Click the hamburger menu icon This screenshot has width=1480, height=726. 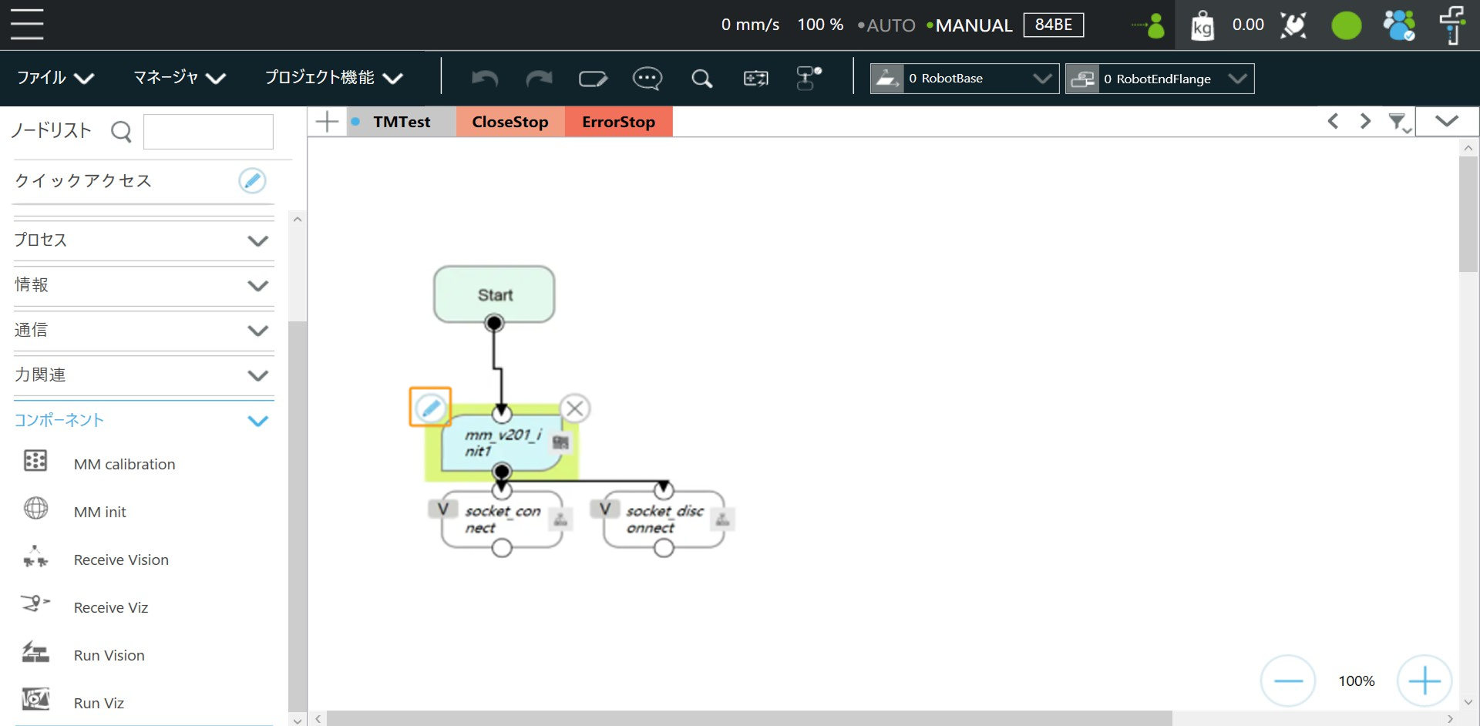(27, 24)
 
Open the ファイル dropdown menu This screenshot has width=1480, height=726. (55, 78)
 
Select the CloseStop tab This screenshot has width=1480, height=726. (510, 122)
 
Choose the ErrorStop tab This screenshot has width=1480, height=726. (618, 122)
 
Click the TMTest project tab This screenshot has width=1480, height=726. (401, 122)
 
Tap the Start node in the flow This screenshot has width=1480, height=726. (494, 294)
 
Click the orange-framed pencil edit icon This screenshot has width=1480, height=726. (430, 407)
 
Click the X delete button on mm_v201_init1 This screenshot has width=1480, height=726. (575, 408)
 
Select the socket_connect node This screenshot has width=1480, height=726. (502, 519)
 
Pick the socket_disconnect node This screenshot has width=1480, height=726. (664, 519)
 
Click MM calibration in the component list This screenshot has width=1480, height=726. (124, 464)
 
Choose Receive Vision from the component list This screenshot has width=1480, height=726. (121, 560)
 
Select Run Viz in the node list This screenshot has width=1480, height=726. (99, 703)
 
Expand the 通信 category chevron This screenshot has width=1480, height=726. (257, 331)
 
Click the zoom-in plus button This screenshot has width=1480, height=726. (1424, 681)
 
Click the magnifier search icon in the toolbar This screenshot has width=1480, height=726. (701, 79)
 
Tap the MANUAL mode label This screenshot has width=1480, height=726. (974, 25)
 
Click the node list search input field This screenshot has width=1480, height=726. (208, 132)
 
